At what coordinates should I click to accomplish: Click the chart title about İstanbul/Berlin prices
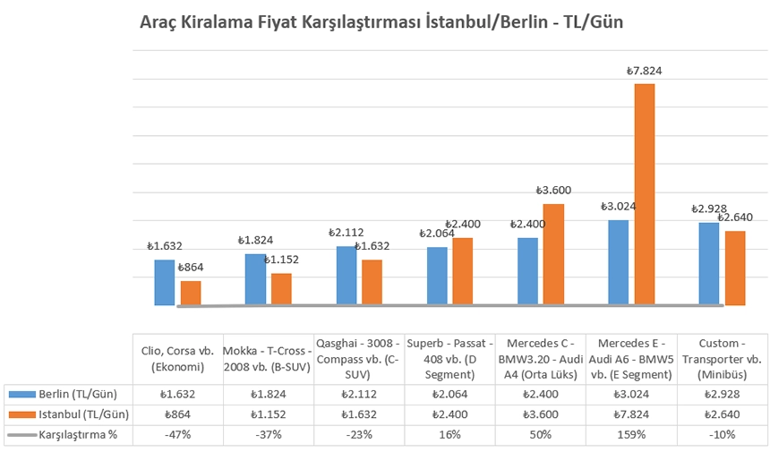(381, 22)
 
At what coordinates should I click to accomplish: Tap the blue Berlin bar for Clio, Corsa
(164, 283)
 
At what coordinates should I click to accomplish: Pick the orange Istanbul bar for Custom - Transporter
(735, 269)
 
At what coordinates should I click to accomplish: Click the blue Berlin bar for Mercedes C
(527, 271)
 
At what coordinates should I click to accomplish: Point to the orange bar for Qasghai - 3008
(372, 283)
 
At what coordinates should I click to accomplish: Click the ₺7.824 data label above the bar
(644, 71)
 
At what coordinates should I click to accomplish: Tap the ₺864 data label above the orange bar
(192, 268)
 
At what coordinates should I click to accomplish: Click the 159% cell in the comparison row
(630, 435)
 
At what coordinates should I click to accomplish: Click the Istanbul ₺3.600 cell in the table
(540, 414)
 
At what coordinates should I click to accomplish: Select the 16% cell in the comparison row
(449, 435)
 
